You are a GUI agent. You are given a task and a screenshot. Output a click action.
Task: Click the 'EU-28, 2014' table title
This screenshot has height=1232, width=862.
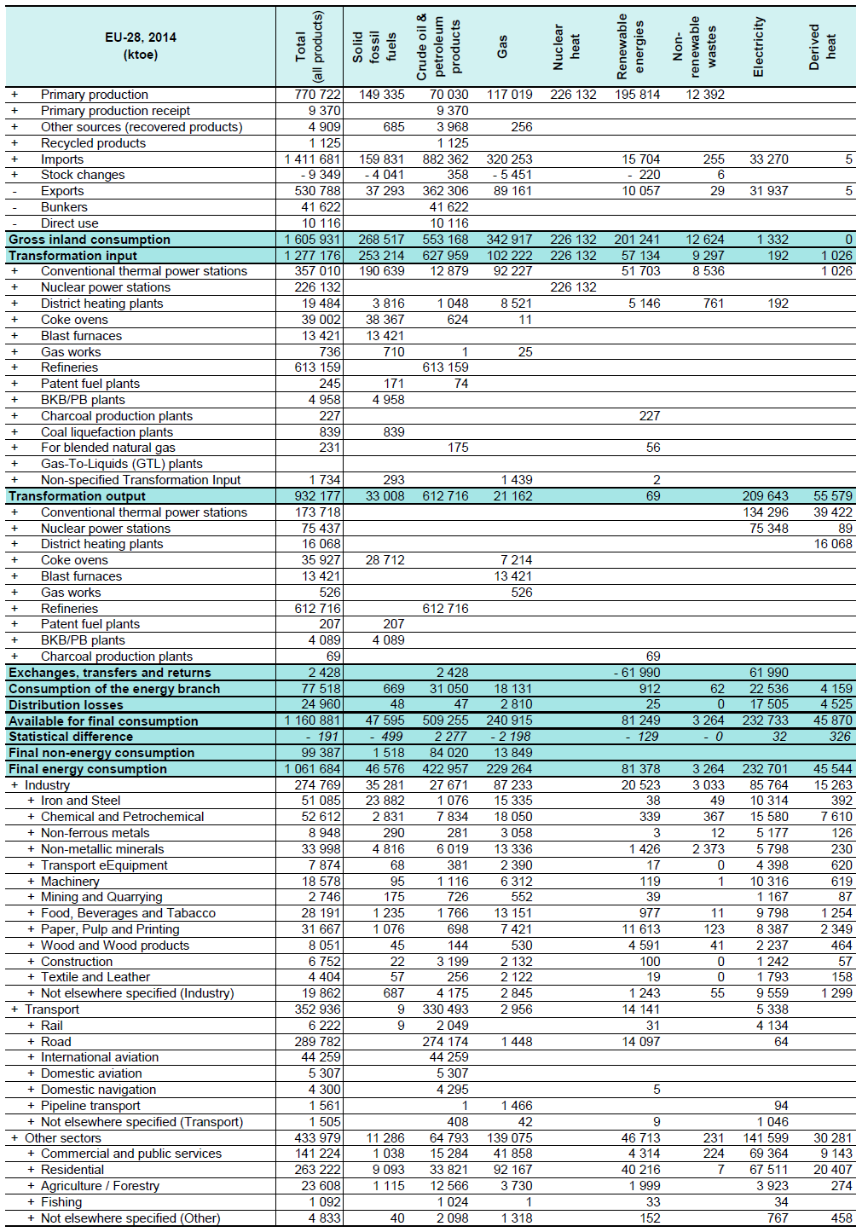pyautogui.click(x=141, y=38)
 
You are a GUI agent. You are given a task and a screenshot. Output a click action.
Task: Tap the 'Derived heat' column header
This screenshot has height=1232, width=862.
pyautogui.click(x=822, y=48)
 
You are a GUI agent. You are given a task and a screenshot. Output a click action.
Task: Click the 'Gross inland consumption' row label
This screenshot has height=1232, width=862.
pyautogui.click(x=90, y=240)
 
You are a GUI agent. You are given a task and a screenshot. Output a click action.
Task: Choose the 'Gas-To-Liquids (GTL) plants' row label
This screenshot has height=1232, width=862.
pyautogui.click(x=122, y=464)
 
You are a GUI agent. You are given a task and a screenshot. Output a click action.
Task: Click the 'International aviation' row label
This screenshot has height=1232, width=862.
pyautogui.click(x=100, y=1057)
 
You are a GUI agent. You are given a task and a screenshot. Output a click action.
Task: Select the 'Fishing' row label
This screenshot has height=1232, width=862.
pyautogui.click(x=61, y=1202)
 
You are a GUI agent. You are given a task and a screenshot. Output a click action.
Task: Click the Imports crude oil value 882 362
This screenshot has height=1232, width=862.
pyautogui.click(x=445, y=159)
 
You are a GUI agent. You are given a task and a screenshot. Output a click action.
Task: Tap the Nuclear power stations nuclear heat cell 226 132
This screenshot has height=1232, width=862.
pyautogui.click(x=573, y=287)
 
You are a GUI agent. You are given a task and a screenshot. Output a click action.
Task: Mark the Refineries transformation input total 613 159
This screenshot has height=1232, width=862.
pyautogui.click(x=318, y=367)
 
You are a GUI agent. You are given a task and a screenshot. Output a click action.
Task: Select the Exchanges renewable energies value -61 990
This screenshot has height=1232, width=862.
pyautogui.click(x=637, y=673)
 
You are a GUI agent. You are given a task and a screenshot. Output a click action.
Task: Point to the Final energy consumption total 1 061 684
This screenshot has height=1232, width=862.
pyautogui.click(x=312, y=769)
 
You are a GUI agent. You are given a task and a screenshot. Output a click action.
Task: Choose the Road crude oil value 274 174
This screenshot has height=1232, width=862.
pyautogui.click(x=445, y=1042)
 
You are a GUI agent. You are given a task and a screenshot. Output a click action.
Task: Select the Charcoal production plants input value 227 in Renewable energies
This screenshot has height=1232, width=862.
pyautogui.click(x=649, y=416)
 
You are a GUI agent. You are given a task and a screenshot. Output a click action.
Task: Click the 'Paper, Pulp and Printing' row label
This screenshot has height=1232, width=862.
pyautogui.click(x=110, y=929)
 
